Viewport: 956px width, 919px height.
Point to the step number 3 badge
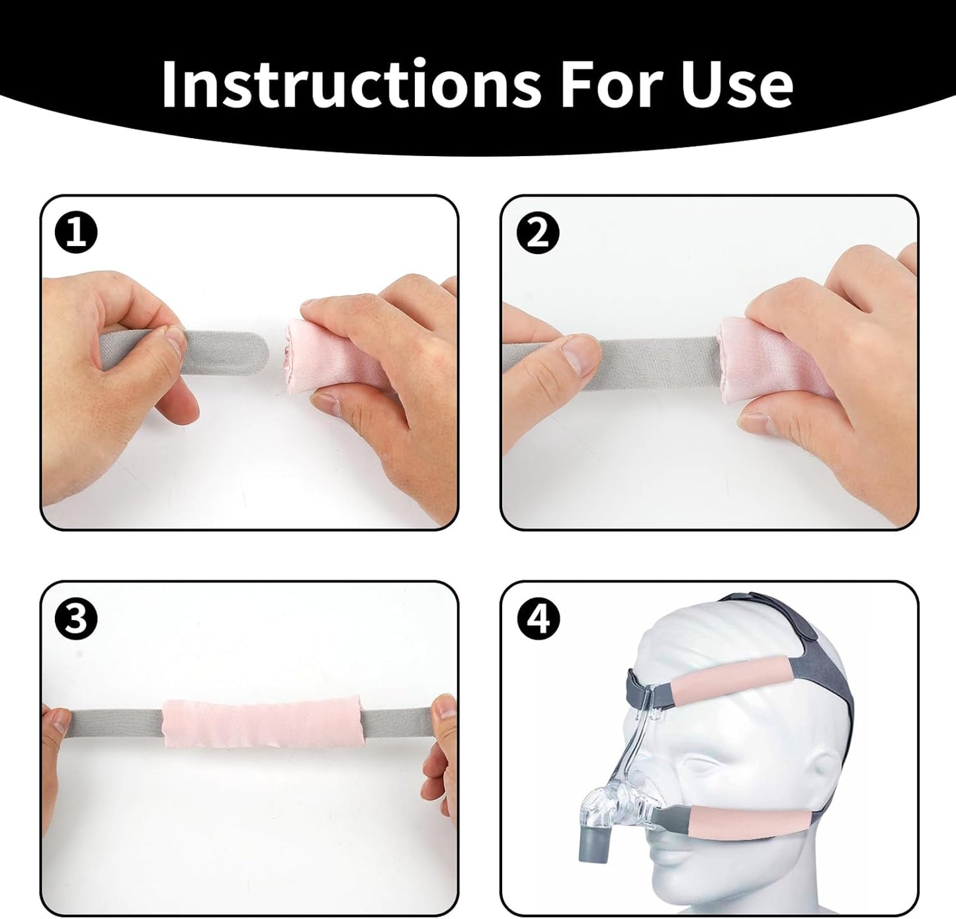pos(76,620)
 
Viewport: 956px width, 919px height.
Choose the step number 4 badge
pos(539,620)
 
